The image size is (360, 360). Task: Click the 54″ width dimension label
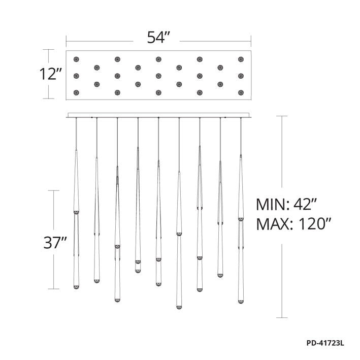click(x=158, y=38)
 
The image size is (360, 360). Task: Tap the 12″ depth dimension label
click(x=51, y=75)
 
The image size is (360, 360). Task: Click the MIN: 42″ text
click(x=286, y=205)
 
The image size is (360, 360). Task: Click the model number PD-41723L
click(x=325, y=343)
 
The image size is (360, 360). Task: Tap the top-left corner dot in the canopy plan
click(x=76, y=59)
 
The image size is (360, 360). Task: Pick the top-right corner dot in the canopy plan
click(x=241, y=59)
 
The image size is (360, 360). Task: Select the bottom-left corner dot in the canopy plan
click(x=76, y=92)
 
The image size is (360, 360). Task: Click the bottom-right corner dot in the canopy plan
click(x=241, y=92)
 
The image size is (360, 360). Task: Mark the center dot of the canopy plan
click(x=158, y=76)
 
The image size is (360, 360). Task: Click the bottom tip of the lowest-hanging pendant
click(x=179, y=307)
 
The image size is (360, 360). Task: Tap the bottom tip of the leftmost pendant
click(x=76, y=288)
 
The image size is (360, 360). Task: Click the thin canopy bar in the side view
click(x=158, y=116)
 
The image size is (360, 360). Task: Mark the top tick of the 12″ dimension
click(x=48, y=50)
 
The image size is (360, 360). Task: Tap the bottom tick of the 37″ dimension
click(x=54, y=289)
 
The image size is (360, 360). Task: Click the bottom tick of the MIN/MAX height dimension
click(x=282, y=318)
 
